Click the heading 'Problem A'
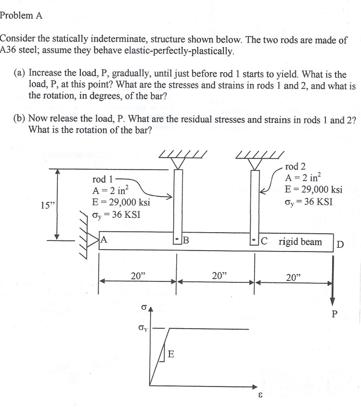click(x=21, y=15)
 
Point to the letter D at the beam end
click(x=340, y=243)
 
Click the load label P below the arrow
click(x=335, y=315)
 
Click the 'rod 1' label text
click(x=103, y=180)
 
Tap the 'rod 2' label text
click(x=295, y=167)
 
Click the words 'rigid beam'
click(x=300, y=241)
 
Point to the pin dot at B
click(x=177, y=239)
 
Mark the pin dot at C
click(x=255, y=239)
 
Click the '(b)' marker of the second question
click(x=21, y=119)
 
